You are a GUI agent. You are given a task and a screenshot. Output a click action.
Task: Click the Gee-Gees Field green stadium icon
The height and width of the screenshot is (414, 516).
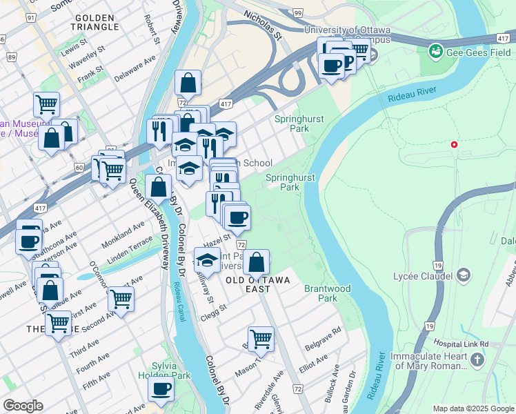(435, 51)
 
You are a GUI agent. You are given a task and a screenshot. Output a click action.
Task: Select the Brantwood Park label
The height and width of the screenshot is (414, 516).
(328, 293)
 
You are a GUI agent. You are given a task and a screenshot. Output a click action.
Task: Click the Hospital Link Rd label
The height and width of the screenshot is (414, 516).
(460, 344)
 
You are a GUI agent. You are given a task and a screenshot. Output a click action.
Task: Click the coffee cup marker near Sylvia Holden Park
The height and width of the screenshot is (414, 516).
(161, 390)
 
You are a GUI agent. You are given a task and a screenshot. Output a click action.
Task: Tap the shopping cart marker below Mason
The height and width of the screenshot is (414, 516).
(261, 338)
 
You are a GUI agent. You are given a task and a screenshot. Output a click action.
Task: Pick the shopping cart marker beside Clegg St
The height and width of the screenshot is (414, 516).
(120, 298)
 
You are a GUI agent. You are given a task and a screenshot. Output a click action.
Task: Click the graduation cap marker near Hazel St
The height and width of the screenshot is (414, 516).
(206, 260)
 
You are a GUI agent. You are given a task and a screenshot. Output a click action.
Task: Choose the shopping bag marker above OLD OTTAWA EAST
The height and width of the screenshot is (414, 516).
(256, 262)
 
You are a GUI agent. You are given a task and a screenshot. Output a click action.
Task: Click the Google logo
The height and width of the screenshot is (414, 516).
(23, 406)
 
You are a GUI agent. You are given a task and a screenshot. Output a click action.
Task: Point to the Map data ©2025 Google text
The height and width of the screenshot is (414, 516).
(473, 408)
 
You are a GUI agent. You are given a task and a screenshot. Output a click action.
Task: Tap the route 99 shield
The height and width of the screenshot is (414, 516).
(297, 13)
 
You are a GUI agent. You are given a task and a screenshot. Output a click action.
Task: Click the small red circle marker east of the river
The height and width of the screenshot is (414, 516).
(453, 145)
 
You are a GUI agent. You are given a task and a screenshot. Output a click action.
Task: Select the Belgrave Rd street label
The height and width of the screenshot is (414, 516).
(328, 331)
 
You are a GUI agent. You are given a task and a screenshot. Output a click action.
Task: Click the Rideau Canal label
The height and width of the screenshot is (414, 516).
(184, 297)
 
